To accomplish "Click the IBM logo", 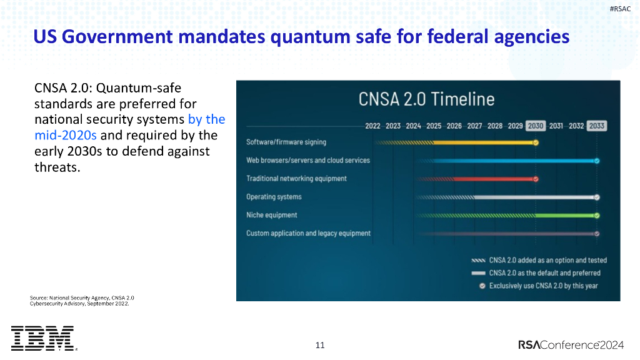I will [42, 338].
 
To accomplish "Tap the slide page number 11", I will [320, 345].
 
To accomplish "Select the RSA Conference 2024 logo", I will [571, 345].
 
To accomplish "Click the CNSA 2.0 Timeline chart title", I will [426, 99].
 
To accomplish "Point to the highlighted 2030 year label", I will [536, 126].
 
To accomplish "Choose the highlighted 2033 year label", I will [596, 126].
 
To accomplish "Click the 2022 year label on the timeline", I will [372, 126].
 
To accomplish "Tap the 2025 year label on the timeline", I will [434, 126].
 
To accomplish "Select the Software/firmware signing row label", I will [286, 142].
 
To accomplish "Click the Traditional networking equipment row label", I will [296, 179].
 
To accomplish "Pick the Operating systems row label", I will [274, 197].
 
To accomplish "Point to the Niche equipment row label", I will [271, 215].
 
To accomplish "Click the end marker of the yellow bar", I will [536, 142].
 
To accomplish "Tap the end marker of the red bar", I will [536, 179].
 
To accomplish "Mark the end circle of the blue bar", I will [597, 161].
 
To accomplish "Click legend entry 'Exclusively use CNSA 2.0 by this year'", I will [543, 286].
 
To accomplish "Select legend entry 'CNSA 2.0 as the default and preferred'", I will [544, 273].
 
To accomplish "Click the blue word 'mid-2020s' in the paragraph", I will [66, 134].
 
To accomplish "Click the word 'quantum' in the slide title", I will [310, 37].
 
